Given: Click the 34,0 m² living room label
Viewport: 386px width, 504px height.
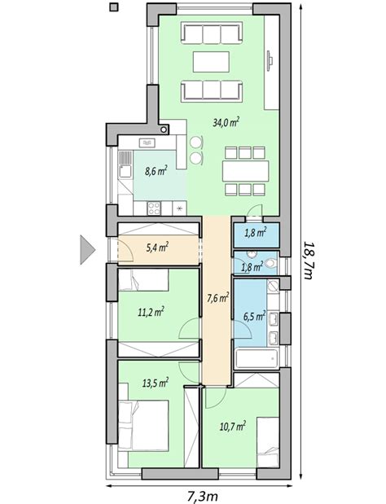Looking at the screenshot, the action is coord(226,122).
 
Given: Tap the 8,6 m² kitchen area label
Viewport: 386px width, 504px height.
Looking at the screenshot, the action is coord(156,170).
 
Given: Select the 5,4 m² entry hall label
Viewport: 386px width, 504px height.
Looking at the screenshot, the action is coord(157,248).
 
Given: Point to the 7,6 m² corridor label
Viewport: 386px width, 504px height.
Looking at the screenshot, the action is coord(218,298).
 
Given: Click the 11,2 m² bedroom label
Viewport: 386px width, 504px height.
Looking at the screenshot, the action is coord(151,312).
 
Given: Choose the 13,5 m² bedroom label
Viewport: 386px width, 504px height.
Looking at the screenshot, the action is coord(156,383).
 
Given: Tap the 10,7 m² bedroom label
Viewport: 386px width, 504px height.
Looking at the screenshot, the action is coord(233,426).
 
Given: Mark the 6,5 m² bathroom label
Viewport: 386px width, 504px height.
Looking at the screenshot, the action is coord(254,317).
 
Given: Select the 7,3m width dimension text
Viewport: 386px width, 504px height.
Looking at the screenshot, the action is coord(203,497).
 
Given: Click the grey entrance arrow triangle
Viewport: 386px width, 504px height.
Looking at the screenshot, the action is coord(87,250).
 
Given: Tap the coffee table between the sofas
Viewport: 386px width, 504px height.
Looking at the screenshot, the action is coord(211,62).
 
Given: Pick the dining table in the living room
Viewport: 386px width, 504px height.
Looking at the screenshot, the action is coord(246,171).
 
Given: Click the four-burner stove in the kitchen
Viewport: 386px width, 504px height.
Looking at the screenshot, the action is coord(154,208).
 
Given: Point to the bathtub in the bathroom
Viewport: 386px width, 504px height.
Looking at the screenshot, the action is coord(257,358).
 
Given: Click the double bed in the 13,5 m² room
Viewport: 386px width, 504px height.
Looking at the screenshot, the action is coord(143,426).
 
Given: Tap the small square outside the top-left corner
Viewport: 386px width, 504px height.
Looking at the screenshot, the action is coord(114,7).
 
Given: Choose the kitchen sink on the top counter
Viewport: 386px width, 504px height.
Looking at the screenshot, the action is coord(147,142).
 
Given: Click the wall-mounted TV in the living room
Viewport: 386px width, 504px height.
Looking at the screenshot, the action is coord(270,59).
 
